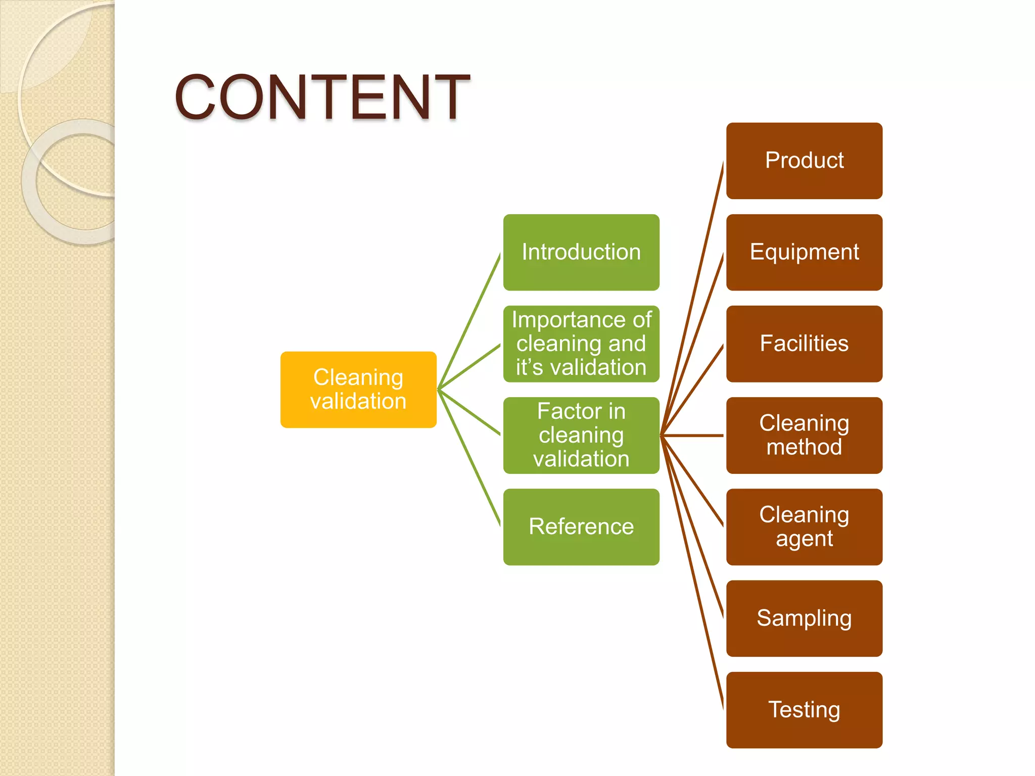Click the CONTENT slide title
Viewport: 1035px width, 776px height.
tap(322, 97)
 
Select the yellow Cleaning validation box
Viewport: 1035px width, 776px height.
tap(358, 390)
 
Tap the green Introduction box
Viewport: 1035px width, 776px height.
tap(581, 252)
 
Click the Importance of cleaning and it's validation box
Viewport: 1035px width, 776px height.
tap(581, 344)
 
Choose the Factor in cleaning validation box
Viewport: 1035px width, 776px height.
tap(581, 435)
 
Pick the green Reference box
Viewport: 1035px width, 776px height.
tap(581, 526)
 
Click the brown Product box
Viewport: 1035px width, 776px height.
tap(804, 161)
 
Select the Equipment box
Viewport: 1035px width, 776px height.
tap(804, 252)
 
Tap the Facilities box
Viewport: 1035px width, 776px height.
tap(804, 344)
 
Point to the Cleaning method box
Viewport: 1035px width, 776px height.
tap(804, 435)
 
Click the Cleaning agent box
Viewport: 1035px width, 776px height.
tap(804, 526)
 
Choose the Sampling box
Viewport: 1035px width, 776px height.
tap(804, 618)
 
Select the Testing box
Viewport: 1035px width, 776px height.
tap(804, 710)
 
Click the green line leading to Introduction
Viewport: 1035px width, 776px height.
tap(469, 321)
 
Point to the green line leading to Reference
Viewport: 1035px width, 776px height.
tap(469, 458)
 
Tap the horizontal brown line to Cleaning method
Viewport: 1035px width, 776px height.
tap(692, 435)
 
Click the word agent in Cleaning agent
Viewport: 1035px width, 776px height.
tap(804, 539)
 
